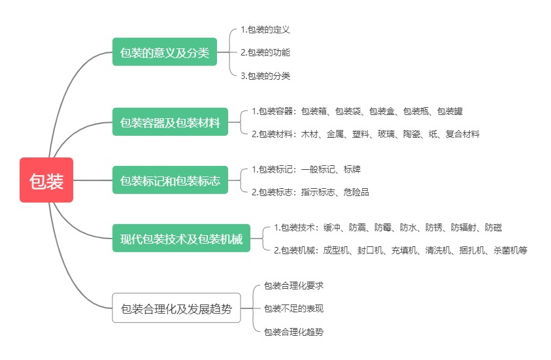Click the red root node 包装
coord(46,180)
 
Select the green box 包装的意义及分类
coord(164,52)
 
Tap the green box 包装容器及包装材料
coord(170,122)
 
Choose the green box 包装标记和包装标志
coord(170,180)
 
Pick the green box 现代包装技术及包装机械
coord(181,238)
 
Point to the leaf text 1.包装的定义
coord(265,29)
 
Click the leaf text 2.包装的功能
coord(265,52)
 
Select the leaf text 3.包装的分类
coord(265,76)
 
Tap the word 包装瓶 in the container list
coord(416,111)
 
